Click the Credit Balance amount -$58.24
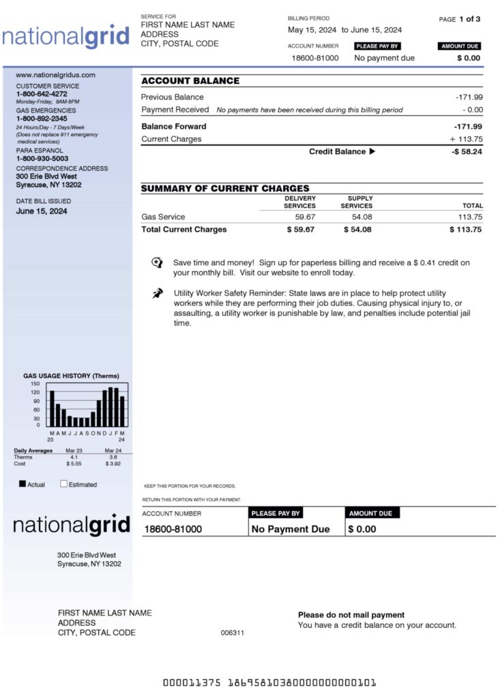click(467, 152)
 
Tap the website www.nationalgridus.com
click(55, 75)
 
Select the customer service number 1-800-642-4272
click(42, 94)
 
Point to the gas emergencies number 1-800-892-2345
click(42, 119)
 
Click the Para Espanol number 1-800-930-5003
click(42, 159)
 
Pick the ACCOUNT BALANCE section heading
click(190, 81)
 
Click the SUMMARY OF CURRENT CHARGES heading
click(225, 189)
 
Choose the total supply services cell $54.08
click(358, 230)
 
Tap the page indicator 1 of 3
click(469, 19)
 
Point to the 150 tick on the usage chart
click(35, 384)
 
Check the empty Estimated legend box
click(63, 484)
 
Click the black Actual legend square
click(23, 484)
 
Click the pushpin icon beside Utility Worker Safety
click(158, 293)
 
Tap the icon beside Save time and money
click(157, 263)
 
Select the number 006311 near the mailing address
click(233, 633)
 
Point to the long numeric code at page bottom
click(269, 682)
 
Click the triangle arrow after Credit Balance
click(372, 152)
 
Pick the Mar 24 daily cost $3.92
click(113, 464)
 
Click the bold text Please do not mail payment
click(351, 615)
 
